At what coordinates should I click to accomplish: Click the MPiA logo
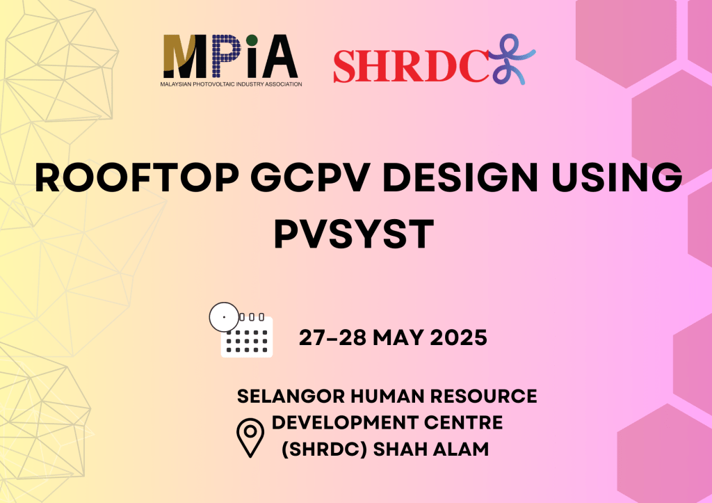click(x=231, y=61)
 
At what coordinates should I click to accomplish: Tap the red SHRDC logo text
click(x=411, y=66)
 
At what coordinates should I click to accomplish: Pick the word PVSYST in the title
click(x=354, y=234)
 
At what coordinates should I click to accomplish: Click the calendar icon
click(x=247, y=335)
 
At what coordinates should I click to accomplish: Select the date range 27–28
click(x=332, y=337)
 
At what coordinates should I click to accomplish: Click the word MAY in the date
click(x=398, y=337)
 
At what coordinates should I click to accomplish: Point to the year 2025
click(x=459, y=337)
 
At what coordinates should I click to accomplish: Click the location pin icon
click(x=250, y=438)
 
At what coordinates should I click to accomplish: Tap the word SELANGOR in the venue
click(x=291, y=397)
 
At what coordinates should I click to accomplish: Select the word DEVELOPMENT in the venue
click(x=345, y=422)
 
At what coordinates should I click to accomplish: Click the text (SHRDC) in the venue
click(x=324, y=449)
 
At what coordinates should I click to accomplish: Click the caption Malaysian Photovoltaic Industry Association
click(x=231, y=84)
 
